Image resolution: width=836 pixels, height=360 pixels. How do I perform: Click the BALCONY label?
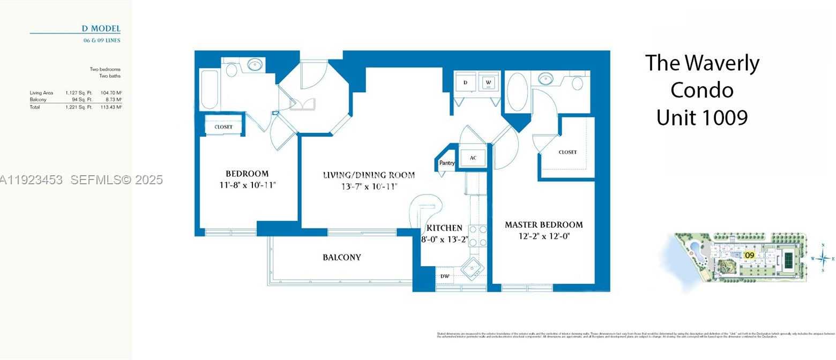(x=342, y=257)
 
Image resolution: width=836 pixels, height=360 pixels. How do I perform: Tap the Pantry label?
(x=447, y=163)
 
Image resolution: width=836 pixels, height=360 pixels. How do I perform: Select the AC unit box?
(x=473, y=158)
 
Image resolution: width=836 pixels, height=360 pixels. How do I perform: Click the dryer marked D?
(x=465, y=83)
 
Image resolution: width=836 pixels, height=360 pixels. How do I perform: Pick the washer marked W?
(x=488, y=83)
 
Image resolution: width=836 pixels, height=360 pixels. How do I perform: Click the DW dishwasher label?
(x=444, y=276)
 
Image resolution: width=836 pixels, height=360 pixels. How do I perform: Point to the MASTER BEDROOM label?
(x=543, y=225)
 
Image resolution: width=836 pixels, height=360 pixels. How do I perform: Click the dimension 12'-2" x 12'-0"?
(x=543, y=236)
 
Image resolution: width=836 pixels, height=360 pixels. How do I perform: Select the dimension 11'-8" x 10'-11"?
(x=247, y=185)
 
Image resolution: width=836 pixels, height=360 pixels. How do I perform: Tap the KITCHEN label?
(x=445, y=228)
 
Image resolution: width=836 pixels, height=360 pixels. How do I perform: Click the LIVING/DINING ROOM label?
(x=369, y=175)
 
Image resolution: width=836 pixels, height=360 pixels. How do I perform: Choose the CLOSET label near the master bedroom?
(x=568, y=152)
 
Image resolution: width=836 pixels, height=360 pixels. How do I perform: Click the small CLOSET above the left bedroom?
(x=223, y=127)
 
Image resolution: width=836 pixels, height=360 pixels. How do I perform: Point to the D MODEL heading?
(x=101, y=28)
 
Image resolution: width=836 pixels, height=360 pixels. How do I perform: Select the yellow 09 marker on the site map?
(x=750, y=255)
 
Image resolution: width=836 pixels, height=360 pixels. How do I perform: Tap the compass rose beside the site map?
(x=823, y=258)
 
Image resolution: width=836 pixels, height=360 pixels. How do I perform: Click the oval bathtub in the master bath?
(x=517, y=92)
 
